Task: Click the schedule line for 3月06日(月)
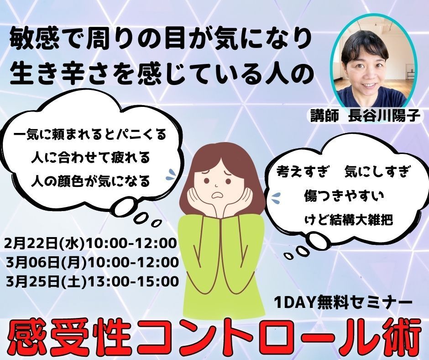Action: [92, 263]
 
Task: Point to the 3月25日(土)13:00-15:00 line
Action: [92, 281]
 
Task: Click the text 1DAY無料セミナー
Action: [344, 303]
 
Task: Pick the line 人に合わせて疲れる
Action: [90, 158]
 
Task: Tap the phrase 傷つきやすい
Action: [344, 196]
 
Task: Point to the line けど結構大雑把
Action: [349, 220]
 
